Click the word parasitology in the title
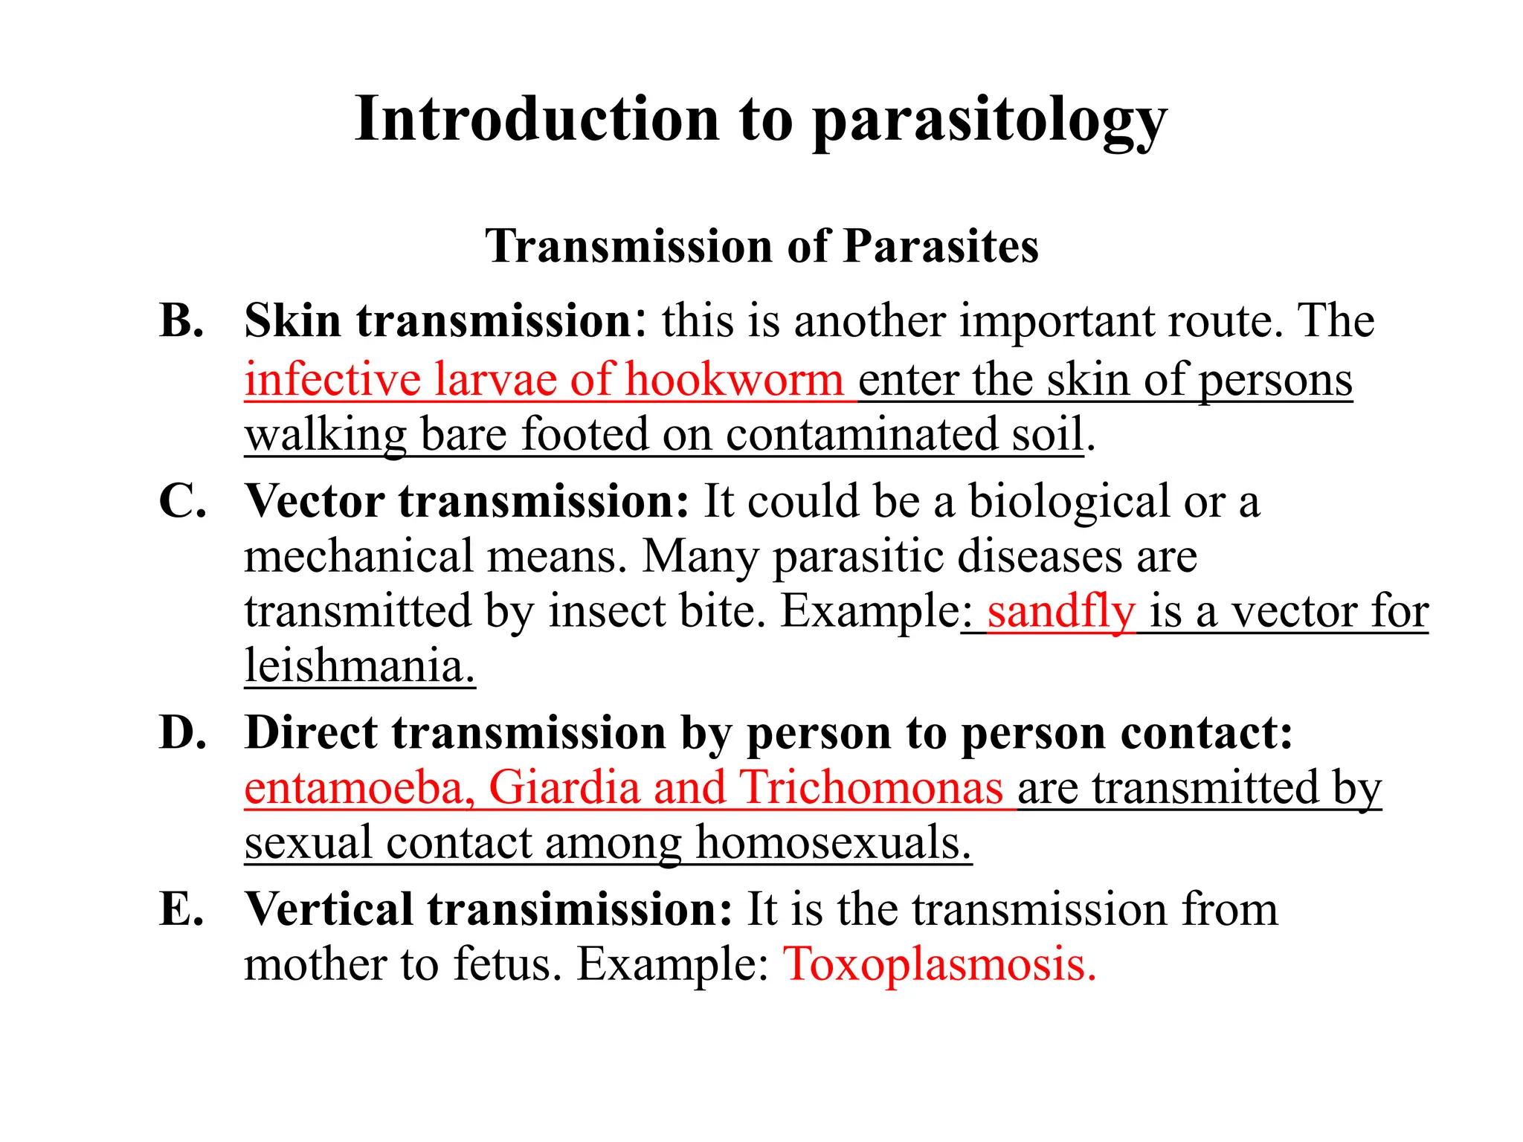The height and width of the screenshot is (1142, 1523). pyautogui.click(x=989, y=120)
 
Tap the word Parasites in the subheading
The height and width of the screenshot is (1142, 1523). pyautogui.click(x=941, y=246)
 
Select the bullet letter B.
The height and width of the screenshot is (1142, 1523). pyautogui.click(x=181, y=321)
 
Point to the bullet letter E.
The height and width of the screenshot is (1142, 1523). pyautogui.click(x=181, y=909)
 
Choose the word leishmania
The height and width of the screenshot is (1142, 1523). pyautogui.click(x=359, y=665)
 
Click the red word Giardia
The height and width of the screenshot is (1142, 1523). pyautogui.click(x=564, y=787)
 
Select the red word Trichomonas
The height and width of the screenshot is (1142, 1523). pyautogui.click(x=872, y=787)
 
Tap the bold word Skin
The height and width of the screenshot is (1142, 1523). pyautogui.click(x=293, y=321)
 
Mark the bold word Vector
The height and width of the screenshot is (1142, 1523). pyautogui.click(x=315, y=501)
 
